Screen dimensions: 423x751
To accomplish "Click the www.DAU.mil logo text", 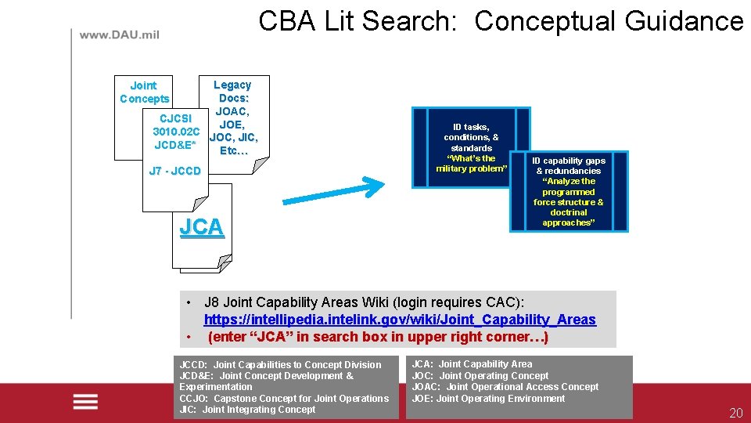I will [119, 34].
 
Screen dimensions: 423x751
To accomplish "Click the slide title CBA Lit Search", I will [501, 21].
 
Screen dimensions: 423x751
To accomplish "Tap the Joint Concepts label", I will [144, 92].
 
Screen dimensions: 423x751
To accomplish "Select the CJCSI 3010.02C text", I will [177, 125].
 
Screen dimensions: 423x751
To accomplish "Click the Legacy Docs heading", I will [232, 91].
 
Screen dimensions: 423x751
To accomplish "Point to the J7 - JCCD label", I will [174, 171].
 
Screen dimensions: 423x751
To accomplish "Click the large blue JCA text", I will [202, 227].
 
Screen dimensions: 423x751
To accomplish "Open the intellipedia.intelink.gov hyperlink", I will [400, 320].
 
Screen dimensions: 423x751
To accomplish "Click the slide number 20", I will [735, 414].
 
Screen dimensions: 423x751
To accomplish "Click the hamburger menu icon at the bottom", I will [85, 402].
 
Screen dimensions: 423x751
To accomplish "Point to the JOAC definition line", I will [505, 387].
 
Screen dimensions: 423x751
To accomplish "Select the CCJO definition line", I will [284, 398].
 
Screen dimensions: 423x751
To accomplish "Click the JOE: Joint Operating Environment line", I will [488, 399].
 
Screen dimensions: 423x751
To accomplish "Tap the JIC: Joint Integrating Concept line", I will [247, 409].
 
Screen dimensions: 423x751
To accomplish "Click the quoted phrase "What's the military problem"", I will [471, 164].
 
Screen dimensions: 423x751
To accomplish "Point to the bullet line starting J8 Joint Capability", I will [364, 302].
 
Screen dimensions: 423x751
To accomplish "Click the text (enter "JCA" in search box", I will [378, 337].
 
